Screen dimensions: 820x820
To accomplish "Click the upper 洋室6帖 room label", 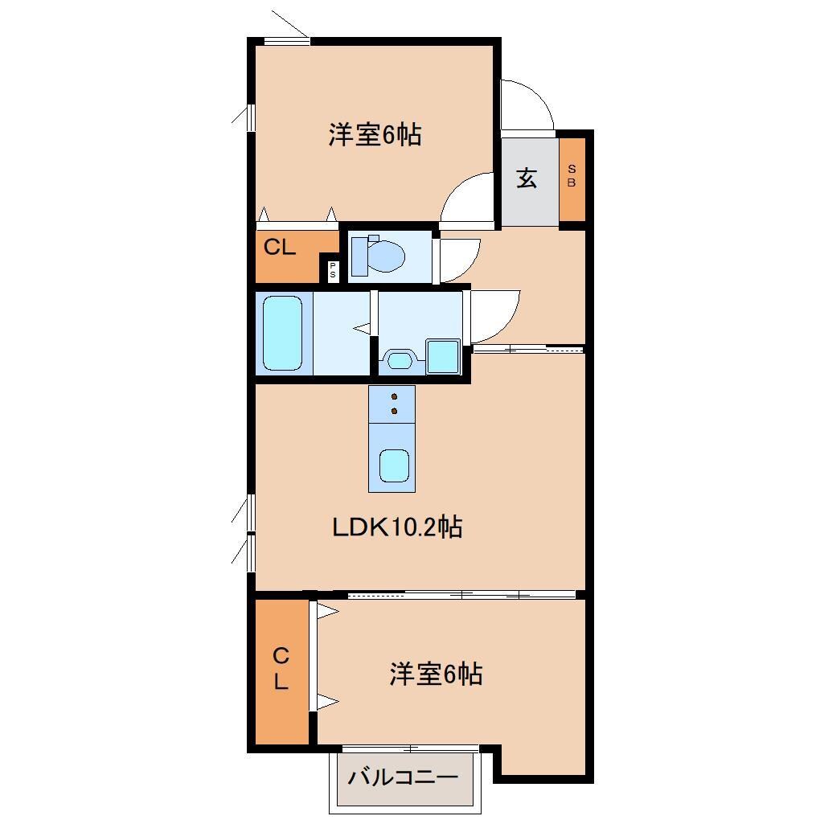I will coord(374,135).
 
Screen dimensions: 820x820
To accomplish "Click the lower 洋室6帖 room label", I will coord(437,674).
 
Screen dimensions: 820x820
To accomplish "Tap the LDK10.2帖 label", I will coord(397,527).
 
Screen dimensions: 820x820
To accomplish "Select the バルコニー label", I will coord(404,777).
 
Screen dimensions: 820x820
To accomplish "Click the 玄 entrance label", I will coord(526,178).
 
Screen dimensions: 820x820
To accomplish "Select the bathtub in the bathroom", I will coord(282,332).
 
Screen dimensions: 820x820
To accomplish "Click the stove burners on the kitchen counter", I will coord(393,404).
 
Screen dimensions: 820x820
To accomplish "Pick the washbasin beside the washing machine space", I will coord(399,359).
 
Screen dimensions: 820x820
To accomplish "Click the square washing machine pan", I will coord(442,355).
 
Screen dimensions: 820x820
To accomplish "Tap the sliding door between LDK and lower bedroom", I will coord(462,595).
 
